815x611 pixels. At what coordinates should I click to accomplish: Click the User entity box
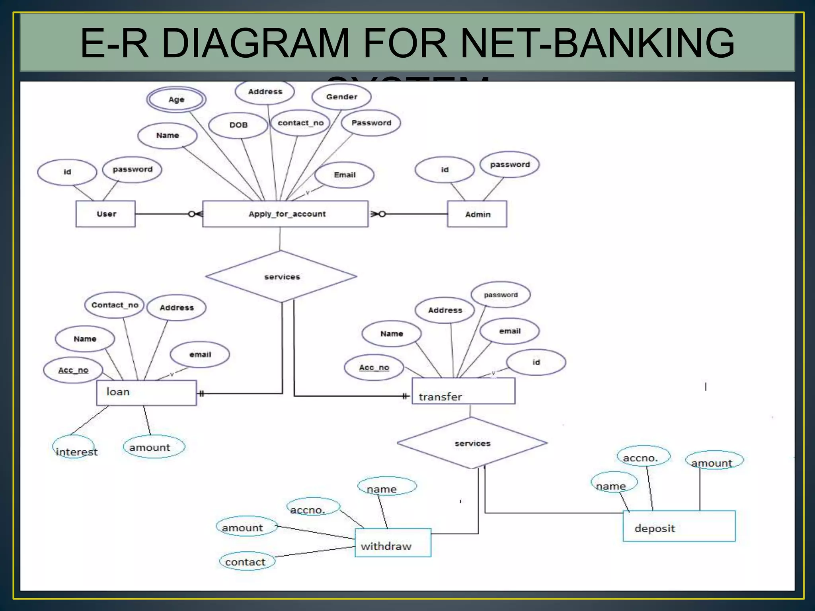point(105,214)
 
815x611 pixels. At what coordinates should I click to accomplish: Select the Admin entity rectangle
point(477,214)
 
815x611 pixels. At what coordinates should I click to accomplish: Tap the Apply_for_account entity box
point(285,214)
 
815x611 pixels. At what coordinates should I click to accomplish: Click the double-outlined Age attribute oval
point(176,99)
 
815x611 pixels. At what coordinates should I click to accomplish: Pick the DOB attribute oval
point(238,125)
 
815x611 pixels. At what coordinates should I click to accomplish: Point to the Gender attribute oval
point(341,97)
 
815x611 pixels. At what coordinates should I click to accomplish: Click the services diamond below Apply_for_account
point(281,276)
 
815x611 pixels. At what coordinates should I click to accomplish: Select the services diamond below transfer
point(472,443)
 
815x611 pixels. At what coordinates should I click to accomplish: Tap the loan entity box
point(146,393)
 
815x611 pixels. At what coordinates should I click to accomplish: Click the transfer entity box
point(463,391)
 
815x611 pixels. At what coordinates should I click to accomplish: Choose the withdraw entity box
point(393,543)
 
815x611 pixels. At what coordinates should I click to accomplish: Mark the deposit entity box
point(679,526)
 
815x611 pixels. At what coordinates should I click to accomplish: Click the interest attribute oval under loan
point(74,447)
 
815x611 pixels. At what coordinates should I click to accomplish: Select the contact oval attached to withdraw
point(247,561)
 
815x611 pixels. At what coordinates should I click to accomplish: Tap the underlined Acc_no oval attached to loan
point(73,370)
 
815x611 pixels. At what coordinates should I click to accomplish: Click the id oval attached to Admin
point(445,170)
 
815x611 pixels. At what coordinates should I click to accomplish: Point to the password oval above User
point(132,169)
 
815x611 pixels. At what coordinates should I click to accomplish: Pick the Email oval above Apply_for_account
point(344,175)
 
